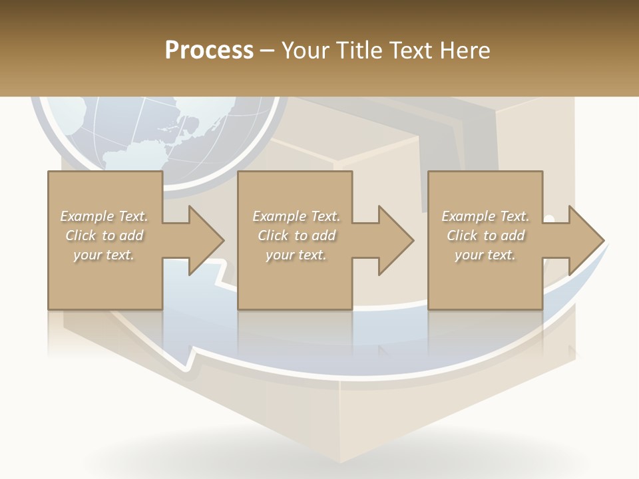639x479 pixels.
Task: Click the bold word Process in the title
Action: tap(209, 50)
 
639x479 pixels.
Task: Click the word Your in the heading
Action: tap(306, 50)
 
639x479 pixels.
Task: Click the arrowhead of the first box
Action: tap(206, 240)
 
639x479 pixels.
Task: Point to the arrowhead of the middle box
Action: tap(396, 240)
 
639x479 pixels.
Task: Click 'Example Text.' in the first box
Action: tap(104, 216)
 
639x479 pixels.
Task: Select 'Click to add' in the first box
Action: tap(104, 236)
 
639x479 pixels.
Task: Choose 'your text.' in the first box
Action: tap(104, 255)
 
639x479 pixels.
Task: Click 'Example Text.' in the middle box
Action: tap(296, 216)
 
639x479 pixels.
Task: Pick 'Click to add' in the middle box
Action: tap(296, 236)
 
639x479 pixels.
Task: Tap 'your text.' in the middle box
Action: tap(296, 255)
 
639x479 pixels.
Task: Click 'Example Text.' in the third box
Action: tap(485, 216)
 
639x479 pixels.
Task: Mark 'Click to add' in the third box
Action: tap(485, 236)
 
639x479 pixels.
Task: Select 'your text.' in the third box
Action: tap(485, 255)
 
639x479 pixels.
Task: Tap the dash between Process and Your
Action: tap(267, 51)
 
